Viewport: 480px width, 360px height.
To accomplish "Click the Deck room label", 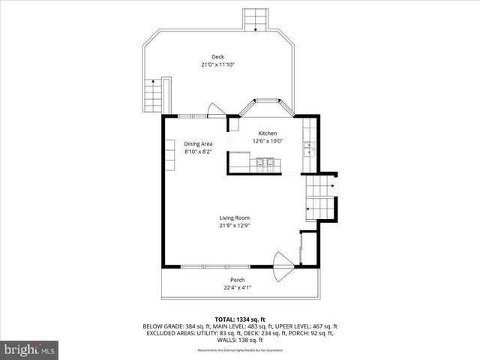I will coord(217,57).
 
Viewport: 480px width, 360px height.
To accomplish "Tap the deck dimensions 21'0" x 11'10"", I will coord(217,64).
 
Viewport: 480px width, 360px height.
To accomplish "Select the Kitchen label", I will coord(268,133).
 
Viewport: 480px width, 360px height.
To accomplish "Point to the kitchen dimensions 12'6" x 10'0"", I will coord(268,141).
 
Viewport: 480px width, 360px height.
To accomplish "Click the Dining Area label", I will coord(199,143).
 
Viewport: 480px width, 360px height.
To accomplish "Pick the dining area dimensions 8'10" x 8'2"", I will coord(199,151).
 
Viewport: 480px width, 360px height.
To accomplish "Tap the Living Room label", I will coord(234,217).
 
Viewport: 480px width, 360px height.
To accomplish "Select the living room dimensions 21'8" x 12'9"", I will coord(234,225).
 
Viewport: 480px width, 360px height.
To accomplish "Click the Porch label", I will coord(237,279).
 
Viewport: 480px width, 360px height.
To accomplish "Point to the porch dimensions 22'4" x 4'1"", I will coord(237,286).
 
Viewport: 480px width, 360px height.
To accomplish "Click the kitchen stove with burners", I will coord(265,161).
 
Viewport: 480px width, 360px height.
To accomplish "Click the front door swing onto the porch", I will coord(283,266).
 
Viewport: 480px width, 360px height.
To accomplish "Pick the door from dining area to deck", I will coord(215,111).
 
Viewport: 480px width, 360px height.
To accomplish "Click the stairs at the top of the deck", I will coord(256,19).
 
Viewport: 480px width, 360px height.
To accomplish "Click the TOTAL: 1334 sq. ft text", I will coord(239,319).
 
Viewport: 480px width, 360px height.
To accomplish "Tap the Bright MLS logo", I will coord(29,349).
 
